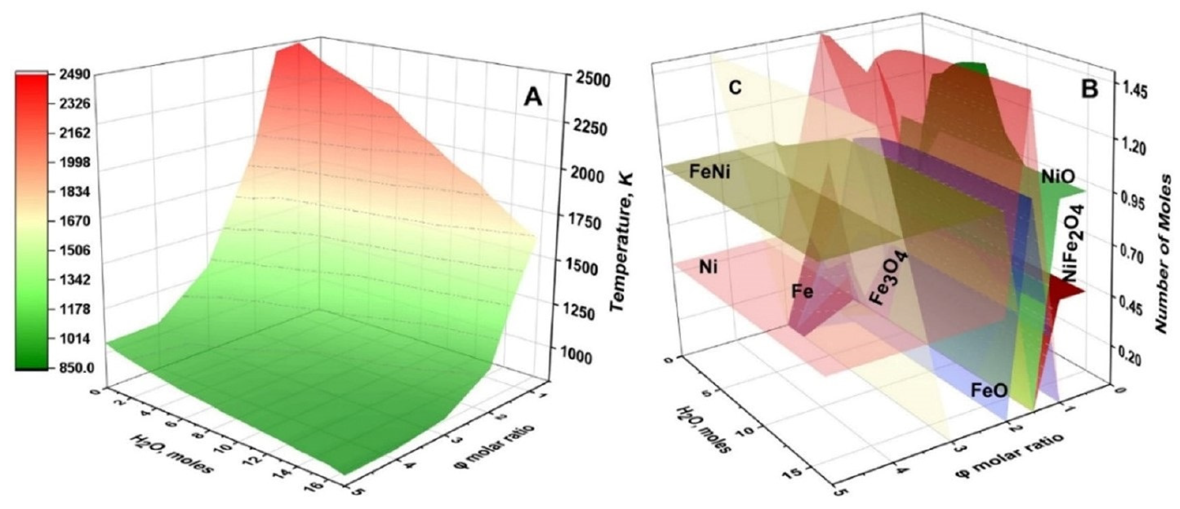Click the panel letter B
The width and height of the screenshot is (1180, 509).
pyautogui.click(x=1089, y=88)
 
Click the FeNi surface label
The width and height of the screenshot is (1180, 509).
pyautogui.click(x=710, y=173)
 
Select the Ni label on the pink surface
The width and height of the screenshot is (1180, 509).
pyautogui.click(x=708, y=267)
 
